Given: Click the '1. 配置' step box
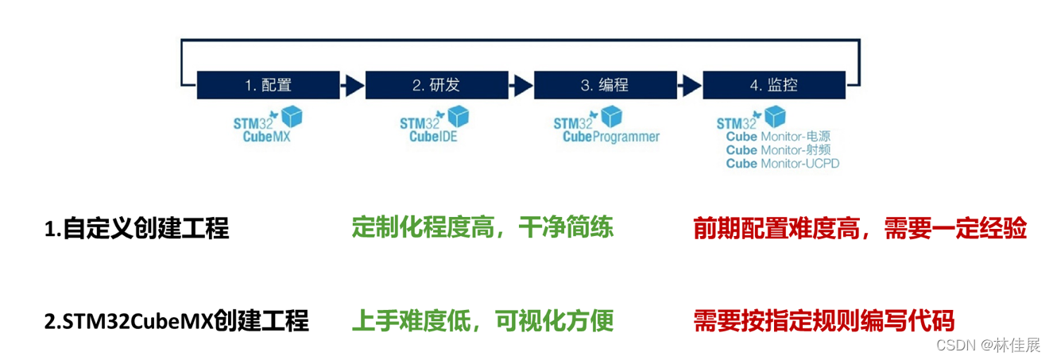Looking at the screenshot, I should click(x=267, y=84).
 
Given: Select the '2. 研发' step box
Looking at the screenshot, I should click(x=436, y=84).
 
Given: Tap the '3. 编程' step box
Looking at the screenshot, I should click(x=604, y=84).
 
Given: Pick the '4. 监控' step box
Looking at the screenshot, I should click(x=772, y=84).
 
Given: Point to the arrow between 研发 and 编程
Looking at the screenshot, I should click(x=521, y=84).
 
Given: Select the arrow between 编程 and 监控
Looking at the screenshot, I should click(x=689, y=84).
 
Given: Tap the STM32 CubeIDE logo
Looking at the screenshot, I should click(x=434, y=125).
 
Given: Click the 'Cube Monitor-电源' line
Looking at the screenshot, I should click(x=783, y=136).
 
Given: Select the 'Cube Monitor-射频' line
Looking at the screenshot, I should click(x=783, y=149).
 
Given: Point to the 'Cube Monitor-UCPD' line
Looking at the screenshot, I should click(x=783, y=163).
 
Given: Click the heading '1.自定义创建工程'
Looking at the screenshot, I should click(x=136, y=229).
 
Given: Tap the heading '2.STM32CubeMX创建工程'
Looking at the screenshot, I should click(x=176, y=321).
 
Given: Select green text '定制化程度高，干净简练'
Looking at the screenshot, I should click(x=482, y=228).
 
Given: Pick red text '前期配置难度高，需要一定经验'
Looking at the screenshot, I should click(x=860, y=229).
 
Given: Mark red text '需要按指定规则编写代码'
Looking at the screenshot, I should click(x=823, y=321).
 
